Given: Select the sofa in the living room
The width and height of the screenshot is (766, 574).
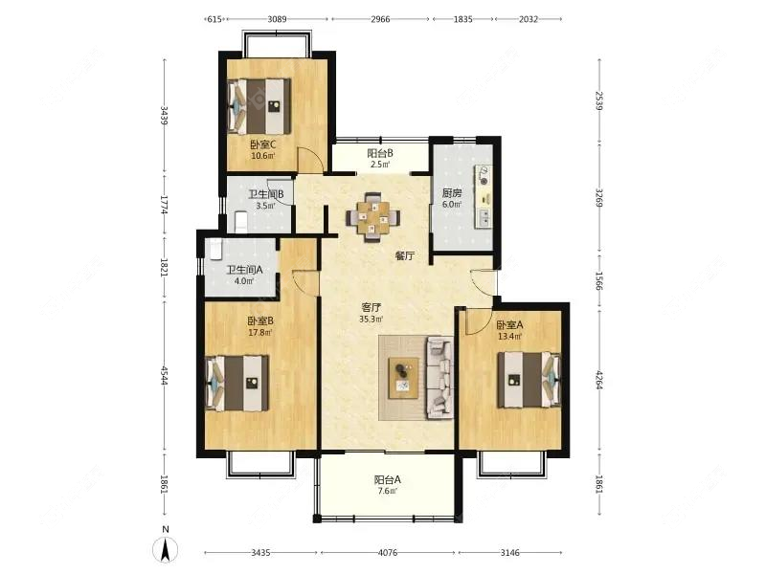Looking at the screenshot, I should pos(439,377).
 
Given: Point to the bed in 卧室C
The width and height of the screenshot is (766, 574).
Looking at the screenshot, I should pos(259,105).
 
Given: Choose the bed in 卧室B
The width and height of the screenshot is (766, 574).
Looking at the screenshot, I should pos(238,383).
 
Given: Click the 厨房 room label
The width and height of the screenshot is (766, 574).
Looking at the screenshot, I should pos(452,193).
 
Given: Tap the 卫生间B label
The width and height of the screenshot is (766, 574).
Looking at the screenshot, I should pos(265,194).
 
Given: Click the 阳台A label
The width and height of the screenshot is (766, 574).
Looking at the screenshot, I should pos(387,480).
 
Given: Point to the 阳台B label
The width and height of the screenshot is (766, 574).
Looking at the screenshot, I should pos(380,153).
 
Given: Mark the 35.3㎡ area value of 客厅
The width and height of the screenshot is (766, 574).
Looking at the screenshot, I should pos(372,320).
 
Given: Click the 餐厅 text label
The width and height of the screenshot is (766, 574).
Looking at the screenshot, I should pos(405,255).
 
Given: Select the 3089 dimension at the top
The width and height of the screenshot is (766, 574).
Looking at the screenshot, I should pos(277,19).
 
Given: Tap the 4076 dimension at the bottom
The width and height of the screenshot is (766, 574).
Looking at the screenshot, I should pos(389,553).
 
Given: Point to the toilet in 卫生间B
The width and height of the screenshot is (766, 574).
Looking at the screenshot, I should pos(240,222).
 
